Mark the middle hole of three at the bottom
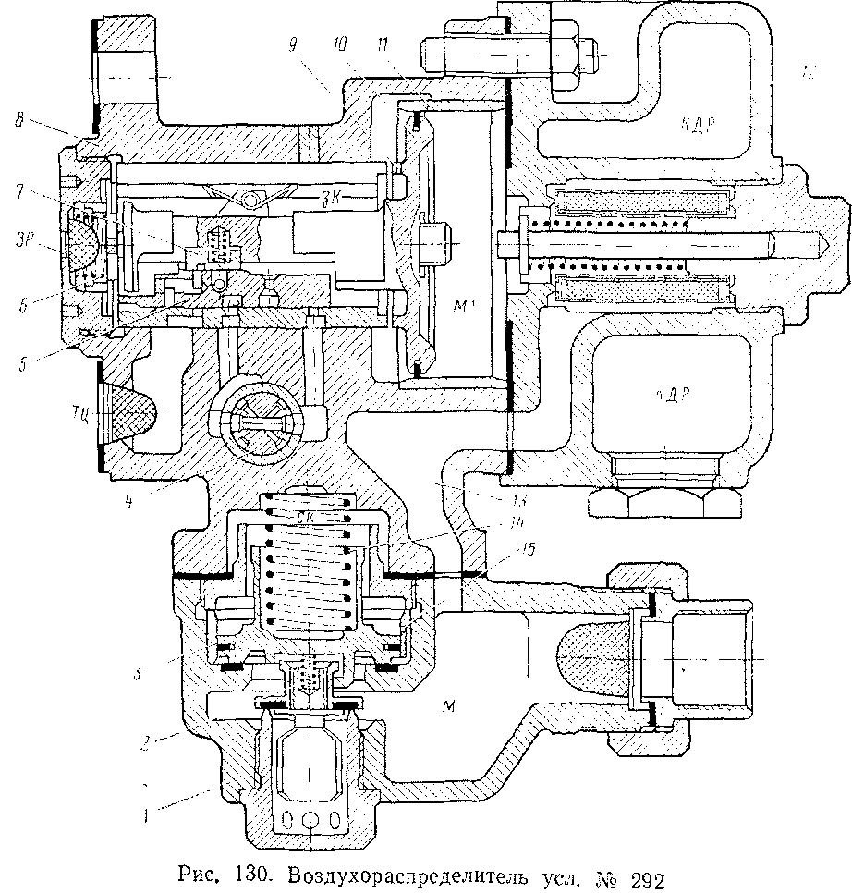310,817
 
